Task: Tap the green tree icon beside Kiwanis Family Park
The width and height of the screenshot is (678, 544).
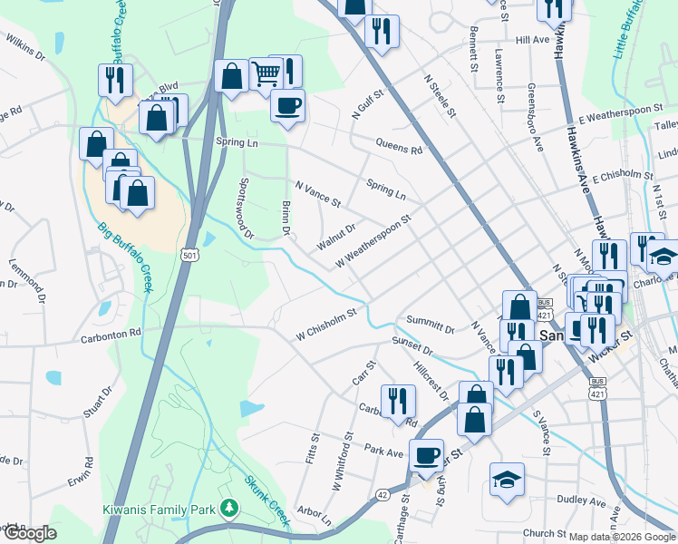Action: [230, 506]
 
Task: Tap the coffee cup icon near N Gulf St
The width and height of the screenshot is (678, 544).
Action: [287, 105]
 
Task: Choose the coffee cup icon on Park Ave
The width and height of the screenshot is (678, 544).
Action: [425, 455]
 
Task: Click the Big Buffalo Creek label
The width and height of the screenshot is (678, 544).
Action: [127, 257]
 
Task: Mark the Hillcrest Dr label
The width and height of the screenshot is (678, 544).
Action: [431, 382]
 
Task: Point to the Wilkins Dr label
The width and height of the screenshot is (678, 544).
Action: [25, 49]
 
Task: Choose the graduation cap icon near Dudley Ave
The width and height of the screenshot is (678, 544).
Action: [507, 479]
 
